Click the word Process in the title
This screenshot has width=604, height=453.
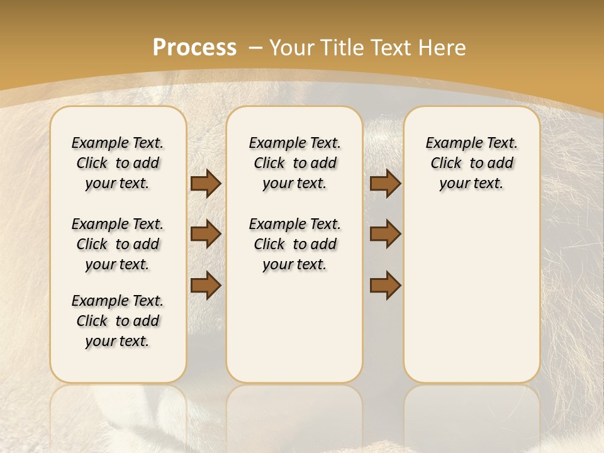click(194, 48)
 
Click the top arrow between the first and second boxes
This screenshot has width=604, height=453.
click(206, 184)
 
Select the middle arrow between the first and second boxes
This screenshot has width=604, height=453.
click(206, 234)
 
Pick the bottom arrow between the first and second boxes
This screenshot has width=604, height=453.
click(206, 285)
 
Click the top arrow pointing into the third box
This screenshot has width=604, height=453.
click(385, 184)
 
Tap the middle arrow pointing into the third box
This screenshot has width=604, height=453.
click(385, 234)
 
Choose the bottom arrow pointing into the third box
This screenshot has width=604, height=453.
click(385, 285)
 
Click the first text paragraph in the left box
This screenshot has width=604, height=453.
click(118, 163)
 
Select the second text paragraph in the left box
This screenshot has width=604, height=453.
click(118, 244)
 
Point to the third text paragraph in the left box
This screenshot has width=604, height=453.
click(118, 321)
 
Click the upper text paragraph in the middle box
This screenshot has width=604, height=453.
click(294, 163)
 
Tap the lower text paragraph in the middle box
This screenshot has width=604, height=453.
click(294, 244)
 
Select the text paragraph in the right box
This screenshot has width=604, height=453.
click(471, 163)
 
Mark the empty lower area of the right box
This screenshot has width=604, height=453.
click(471, 296)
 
